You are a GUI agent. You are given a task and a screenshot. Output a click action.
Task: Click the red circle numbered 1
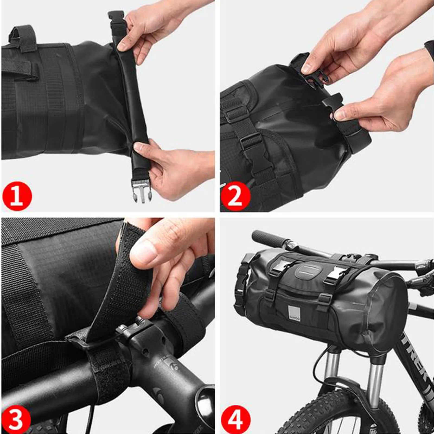[17, 196]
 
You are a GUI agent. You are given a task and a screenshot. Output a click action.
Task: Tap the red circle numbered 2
[235, 196]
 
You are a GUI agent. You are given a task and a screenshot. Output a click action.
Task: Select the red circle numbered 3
[15, 419]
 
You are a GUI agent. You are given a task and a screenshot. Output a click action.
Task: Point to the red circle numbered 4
[235, 419]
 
